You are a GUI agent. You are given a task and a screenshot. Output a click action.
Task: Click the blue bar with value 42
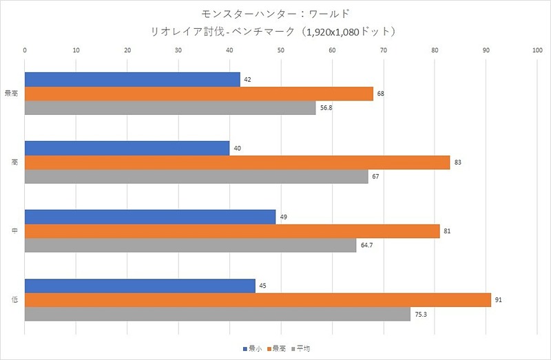pos(132,80)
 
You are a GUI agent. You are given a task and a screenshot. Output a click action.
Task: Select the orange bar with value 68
pos(199,94)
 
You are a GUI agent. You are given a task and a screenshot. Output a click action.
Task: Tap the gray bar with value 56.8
pos(170,107)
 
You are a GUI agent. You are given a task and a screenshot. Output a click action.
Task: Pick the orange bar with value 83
pos(237,162)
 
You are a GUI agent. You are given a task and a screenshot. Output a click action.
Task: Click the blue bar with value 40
pos(127,149)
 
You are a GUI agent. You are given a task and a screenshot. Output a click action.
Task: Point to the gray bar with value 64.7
pos(191,244)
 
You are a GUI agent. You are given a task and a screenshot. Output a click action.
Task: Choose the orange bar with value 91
pos(258,299)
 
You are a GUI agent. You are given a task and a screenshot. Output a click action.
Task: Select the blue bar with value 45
pos(140,286)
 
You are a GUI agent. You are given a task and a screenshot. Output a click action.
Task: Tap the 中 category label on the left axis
pos(15,231)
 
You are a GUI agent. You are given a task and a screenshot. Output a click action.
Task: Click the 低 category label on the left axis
pos(15,299)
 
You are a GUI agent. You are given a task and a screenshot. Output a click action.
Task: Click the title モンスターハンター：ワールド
pos(275,13)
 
